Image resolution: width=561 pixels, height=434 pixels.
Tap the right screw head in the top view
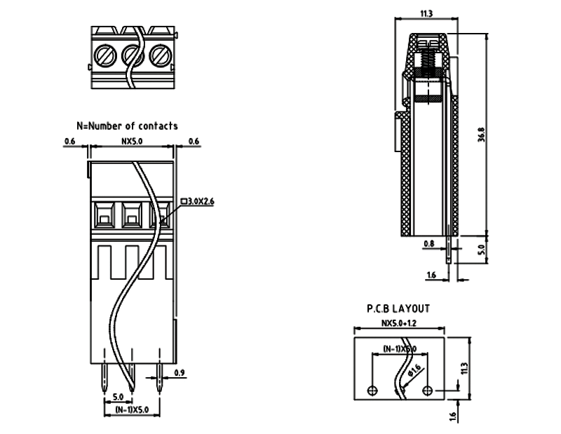pyautogui.click(x=160, y=53)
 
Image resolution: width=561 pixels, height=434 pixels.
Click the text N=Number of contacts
pyautogui.click(x=127, y=126)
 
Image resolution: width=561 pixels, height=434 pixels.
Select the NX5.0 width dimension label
pyautogui.click(x=132, y=141)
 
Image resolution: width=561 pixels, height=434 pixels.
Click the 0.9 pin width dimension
pyautogui.click(x=180, y=372)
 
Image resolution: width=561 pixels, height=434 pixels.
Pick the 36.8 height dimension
pyautogui.click(x=481, y=134)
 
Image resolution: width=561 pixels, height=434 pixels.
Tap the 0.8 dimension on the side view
pyautogui.click(x=429, y=245)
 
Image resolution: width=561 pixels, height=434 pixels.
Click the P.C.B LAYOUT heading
pyautogui.click(x=398, y=308)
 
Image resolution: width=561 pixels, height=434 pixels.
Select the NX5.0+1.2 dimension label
pyautogui.click(x=398, y=324)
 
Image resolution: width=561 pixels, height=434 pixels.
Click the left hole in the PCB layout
pyautogui.click(x=372, y=390)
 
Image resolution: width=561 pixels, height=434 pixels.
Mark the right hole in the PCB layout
pyautogui.click(x=428, y=390)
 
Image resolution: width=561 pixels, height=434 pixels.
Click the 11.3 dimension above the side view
pyautogui.click(x=426, y=13)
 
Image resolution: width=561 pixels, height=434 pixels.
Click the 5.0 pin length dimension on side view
pyautogui.click(x=481, y=248)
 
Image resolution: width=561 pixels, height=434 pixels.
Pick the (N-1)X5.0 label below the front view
pyautogui.click(x=131, y=410)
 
